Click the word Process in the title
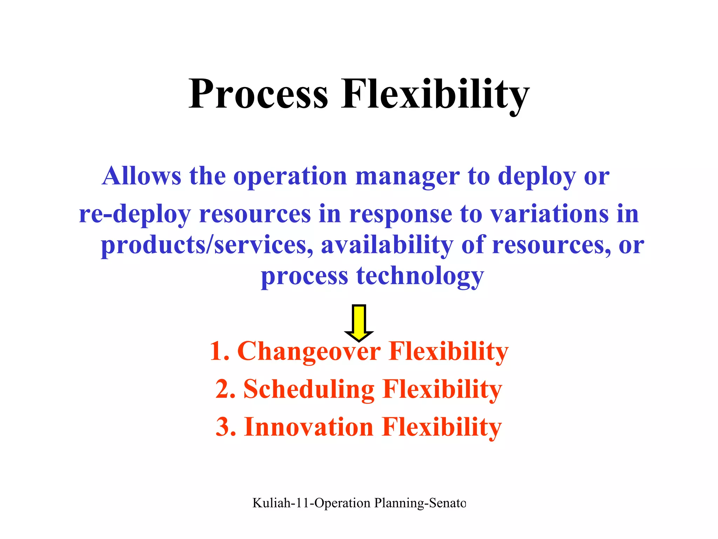tap(258, 94)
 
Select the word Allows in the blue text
tap(142, 176)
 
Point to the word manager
tap(407, 176)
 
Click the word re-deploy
tap(135, 214)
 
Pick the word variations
tap(549, 214)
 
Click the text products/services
tap(207, 245)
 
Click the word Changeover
tap(309, 351)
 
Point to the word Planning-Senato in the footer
tap(420, 503)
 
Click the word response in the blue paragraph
tap(400, 214)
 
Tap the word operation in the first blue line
tap(290, 176)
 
